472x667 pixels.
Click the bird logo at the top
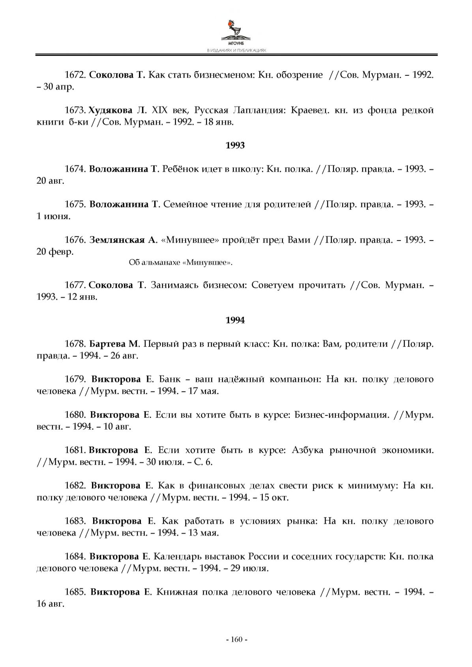pyautogui.click(x=236, y=30)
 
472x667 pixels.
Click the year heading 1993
pyautogui.click(x=235, y=145)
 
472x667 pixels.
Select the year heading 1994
pyautogui.click(x=235, y=320)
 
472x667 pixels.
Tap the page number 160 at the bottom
pyautogui.click(x=236, y=639)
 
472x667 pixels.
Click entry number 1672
pyautogui.click(x=75, y=75)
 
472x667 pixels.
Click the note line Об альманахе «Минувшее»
pyautogui.click(x=181, y=263)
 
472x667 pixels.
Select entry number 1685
pyautogui.click(x=75, y=592)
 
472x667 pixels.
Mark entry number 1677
pyautogui.click(x=75, y=285)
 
